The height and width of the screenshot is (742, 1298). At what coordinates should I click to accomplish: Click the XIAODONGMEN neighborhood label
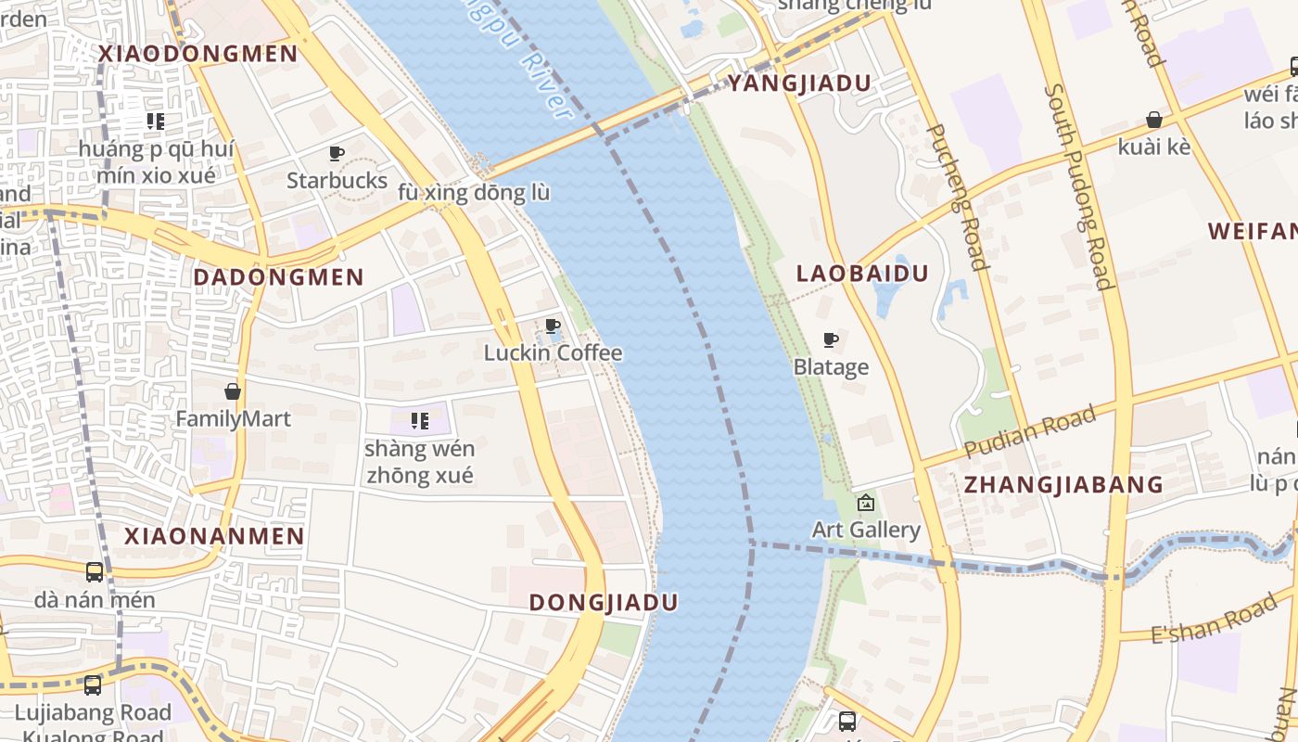197,53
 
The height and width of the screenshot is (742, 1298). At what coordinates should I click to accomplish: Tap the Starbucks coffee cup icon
337,153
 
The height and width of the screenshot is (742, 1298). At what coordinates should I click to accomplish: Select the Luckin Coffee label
553,353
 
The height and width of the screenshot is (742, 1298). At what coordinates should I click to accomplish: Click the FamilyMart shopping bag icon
233,391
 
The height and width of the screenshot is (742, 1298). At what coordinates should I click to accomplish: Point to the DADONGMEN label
278,276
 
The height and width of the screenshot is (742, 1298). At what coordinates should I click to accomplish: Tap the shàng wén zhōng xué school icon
419,422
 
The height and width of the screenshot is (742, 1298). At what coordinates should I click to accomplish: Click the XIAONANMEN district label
214,536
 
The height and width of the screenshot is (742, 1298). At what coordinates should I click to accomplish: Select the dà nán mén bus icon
95,572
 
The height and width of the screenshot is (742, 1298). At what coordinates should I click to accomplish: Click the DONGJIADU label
603,602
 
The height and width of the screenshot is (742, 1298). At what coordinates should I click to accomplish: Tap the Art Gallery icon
866,503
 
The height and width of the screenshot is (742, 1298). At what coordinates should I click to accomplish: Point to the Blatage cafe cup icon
831,340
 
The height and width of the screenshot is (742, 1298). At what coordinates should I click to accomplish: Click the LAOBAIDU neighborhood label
862,274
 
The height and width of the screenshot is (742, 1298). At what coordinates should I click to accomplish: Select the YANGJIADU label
799,83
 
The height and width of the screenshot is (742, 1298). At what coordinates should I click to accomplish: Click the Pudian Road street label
1030,431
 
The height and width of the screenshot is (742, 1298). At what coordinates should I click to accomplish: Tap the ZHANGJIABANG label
1063,484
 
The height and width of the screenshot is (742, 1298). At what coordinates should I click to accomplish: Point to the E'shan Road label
1214,620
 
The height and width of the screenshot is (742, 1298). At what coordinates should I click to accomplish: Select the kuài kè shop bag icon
1154,120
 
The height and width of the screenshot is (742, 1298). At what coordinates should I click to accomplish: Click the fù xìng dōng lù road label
473,193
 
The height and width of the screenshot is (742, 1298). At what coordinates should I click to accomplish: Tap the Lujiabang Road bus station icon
93,685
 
